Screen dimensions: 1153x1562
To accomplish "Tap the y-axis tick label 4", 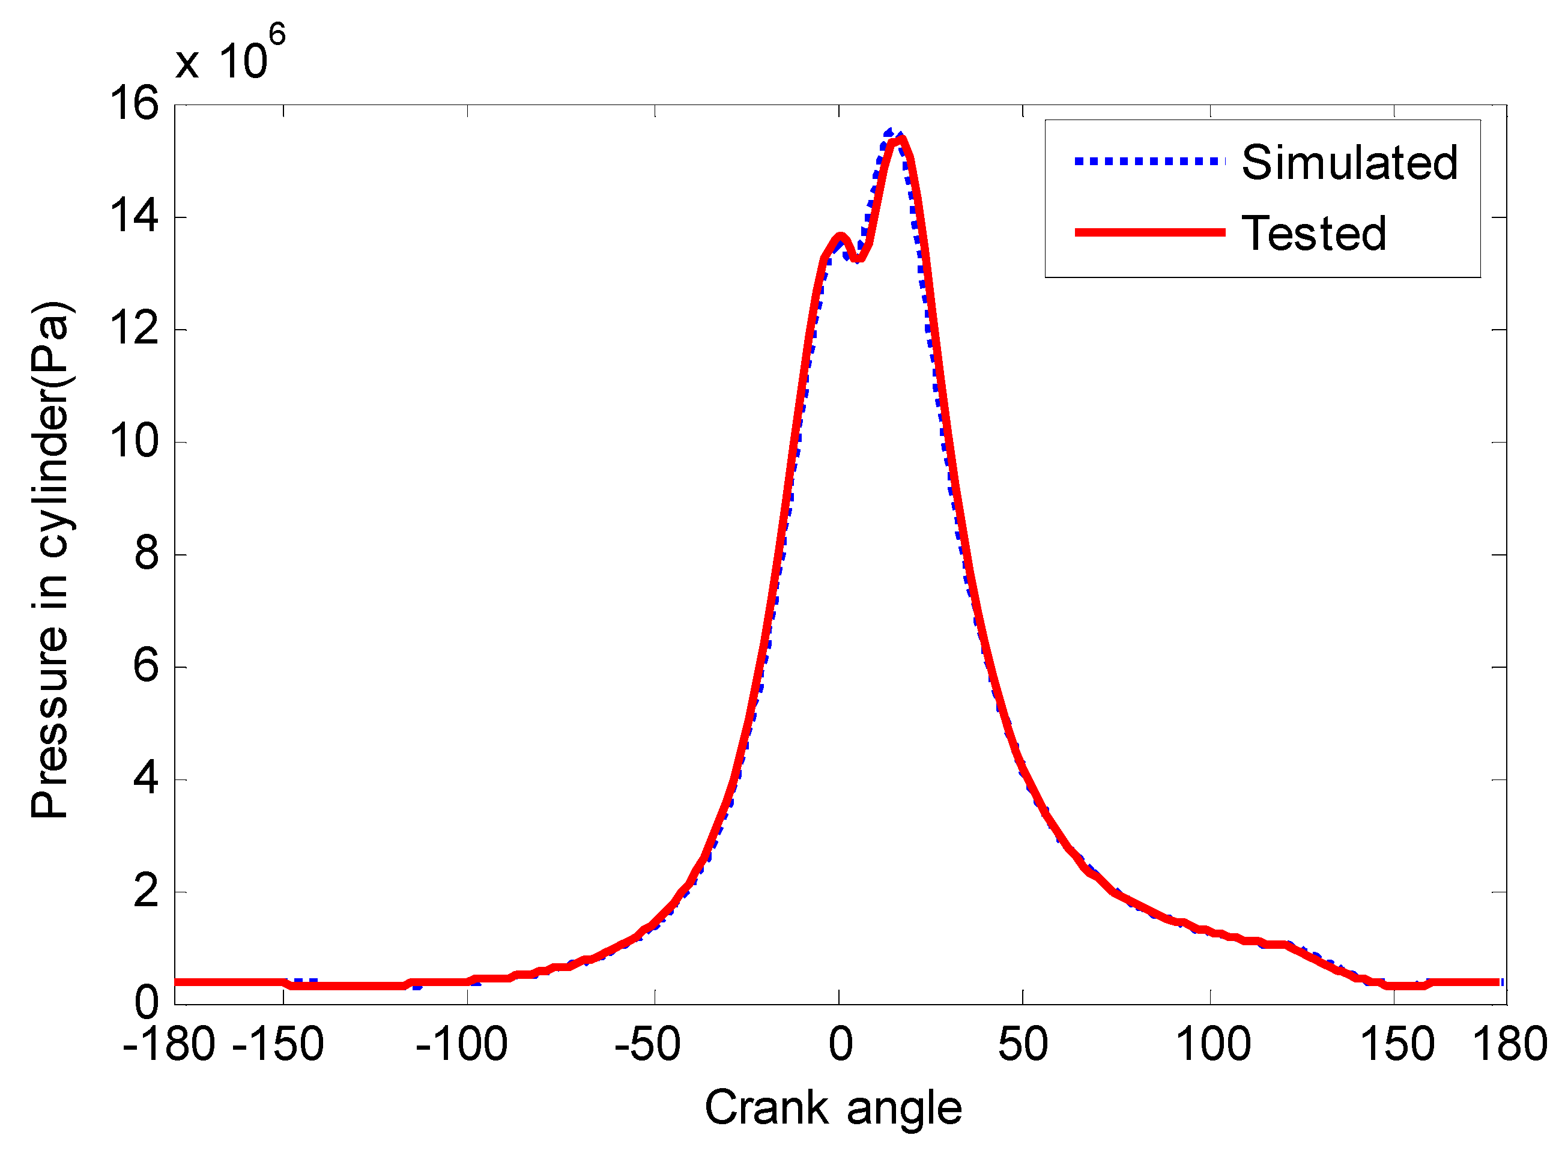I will point(147,779).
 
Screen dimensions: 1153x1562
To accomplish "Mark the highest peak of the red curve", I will point(901,139).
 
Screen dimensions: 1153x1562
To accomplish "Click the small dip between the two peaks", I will point(860,259).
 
